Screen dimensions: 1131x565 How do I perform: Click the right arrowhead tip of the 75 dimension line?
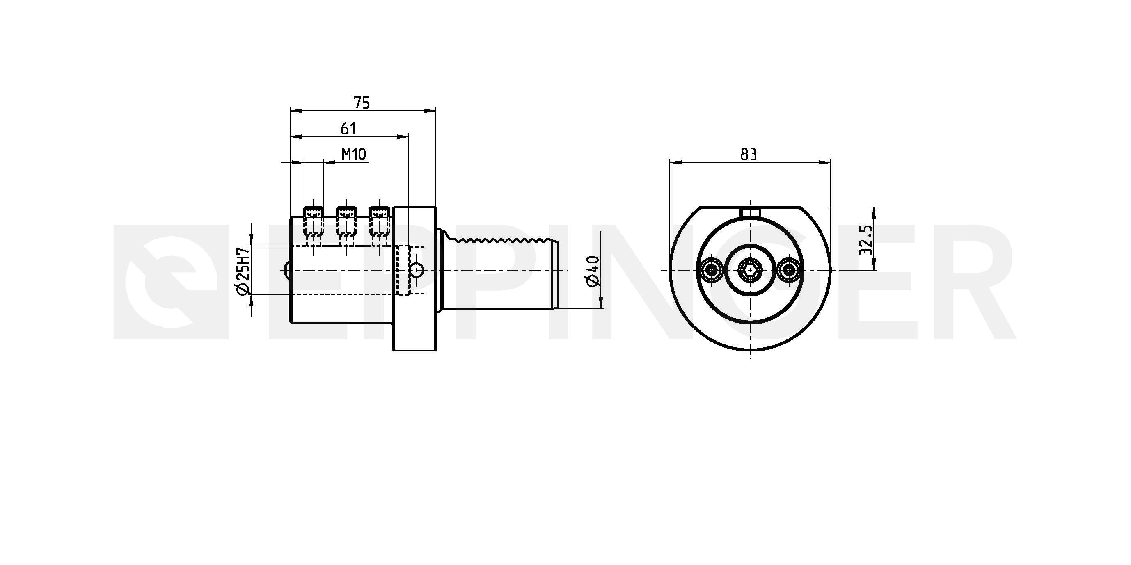[x=435, y=112]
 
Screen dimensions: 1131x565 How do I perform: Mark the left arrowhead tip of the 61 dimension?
[x=291, y=137]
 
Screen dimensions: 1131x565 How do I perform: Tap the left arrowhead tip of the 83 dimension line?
[x=670, y=163]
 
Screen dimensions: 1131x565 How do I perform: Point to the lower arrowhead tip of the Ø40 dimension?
[x=601, y=308]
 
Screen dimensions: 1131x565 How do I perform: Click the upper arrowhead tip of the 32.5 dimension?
[x=873, y=207]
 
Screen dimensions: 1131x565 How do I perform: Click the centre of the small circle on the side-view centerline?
[x=417, y=270]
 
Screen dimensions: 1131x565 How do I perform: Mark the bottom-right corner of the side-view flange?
[x=435, y=351]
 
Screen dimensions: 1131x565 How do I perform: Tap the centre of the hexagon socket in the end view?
[x=750, y=270]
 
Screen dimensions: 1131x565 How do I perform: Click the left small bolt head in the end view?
[x=711, y=270]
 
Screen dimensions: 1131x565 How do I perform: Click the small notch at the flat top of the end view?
[x=750, y=212]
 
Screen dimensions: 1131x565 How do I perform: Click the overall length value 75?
[x=362, y=103]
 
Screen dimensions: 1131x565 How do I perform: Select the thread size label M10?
[x=354, y=155]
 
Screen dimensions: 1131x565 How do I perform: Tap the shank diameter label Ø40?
[x=593, y=271]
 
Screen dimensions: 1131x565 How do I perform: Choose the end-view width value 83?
[x=749, y=155]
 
